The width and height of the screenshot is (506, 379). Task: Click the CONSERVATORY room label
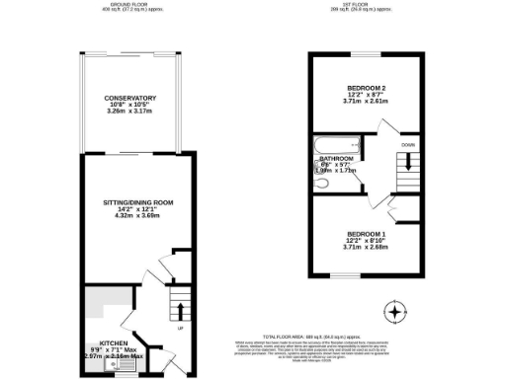[x=130, y=98]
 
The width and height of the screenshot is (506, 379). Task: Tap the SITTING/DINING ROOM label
[x=130, y=202]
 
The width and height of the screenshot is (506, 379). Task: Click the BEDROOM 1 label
[x=366, y=233]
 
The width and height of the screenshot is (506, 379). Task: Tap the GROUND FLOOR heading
[x=130, y=5]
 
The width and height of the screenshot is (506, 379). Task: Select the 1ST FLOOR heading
[x=366, y=5]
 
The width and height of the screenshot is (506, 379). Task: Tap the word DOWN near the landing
[x=408, y=146]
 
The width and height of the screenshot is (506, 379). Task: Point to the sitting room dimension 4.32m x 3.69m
[x=130, y=216]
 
